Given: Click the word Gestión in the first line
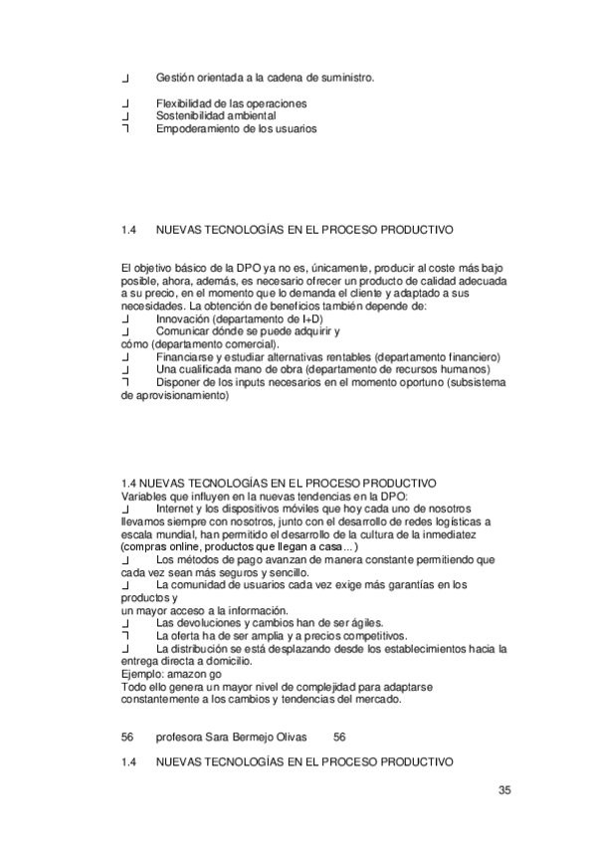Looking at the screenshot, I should click(x=175, y=77).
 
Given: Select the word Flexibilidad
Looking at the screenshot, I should click(x=185, y=104).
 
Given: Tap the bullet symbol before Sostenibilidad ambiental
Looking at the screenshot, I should click(x=124, y=116).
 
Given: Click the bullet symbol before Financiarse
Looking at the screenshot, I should click(x=124, y=357).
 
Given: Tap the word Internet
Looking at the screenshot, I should click(x=177, y=508).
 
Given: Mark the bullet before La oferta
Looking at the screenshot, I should click(x=124, y=636).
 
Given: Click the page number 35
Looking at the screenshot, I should click(x=504, y=791).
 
